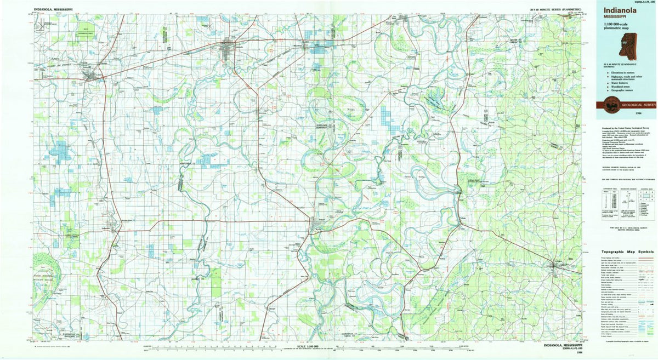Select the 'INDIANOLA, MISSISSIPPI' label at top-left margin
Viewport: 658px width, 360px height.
[x=53, y=9]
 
